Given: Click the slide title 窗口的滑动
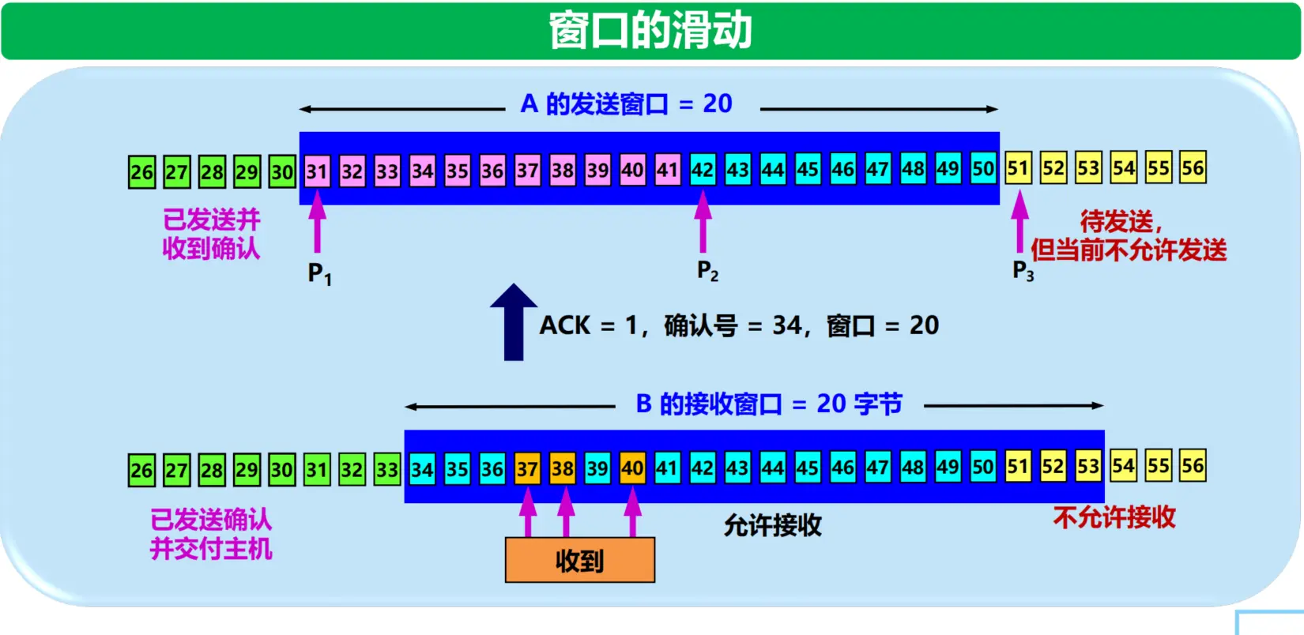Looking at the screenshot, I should pos(650,31).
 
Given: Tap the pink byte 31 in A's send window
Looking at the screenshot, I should pos(317,171).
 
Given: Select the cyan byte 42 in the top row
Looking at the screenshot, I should pos(703,170).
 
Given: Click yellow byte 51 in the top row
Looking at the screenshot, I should pos(1018,168).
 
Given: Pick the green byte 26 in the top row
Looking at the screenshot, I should pos(142,171).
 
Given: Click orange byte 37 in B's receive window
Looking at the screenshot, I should pos(527,469).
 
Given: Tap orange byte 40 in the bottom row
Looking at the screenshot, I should pos(632,468).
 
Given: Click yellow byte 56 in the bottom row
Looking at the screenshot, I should pos(1193,466).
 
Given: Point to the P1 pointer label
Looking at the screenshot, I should pos(319,274).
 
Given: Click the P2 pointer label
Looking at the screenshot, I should pos(707,271).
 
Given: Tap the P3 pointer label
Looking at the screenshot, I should pos(1023,271).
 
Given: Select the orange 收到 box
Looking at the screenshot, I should pos(580,560).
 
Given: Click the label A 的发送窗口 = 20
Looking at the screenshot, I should pos(626,103).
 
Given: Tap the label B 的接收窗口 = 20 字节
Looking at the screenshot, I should pos(768,404).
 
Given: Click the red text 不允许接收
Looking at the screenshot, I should pos(1114,517).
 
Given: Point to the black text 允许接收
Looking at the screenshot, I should pos(772,525).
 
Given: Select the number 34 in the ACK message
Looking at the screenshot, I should pos(786,325).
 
